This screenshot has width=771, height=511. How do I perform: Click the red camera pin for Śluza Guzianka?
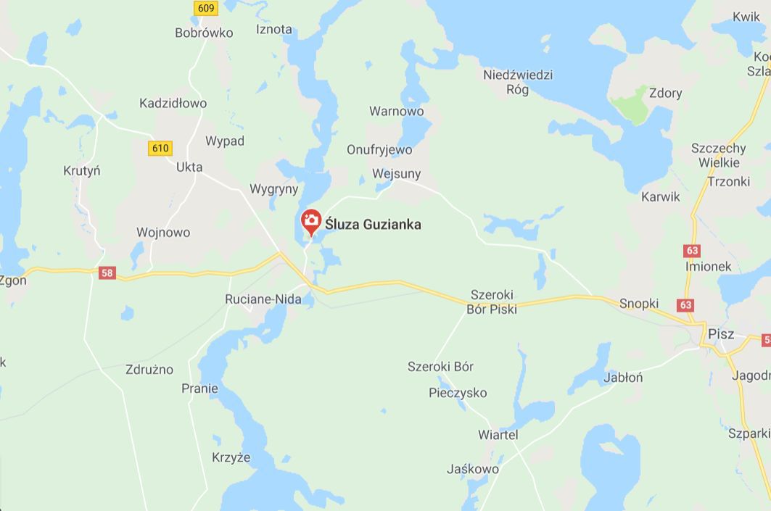311,220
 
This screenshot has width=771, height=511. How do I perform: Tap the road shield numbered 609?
206,8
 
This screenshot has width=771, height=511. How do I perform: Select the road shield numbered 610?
160,148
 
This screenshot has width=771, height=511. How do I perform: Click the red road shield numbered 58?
107,273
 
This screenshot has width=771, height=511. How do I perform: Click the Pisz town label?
721,334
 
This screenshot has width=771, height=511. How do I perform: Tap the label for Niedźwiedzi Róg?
518,82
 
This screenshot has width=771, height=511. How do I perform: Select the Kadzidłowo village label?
173,103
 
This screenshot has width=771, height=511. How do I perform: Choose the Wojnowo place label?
163,233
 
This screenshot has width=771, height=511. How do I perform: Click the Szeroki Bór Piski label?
493,302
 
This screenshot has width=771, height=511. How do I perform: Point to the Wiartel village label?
498,434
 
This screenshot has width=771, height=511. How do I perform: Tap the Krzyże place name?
231,457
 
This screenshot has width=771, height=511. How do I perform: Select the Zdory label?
665,93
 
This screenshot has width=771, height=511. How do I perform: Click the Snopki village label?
638,303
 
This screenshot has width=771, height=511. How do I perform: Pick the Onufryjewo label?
379,149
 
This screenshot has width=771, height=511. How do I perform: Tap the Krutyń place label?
81,171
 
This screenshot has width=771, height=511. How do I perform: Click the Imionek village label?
708,266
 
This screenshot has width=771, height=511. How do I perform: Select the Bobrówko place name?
204,33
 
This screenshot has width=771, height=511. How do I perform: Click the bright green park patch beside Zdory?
630,104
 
